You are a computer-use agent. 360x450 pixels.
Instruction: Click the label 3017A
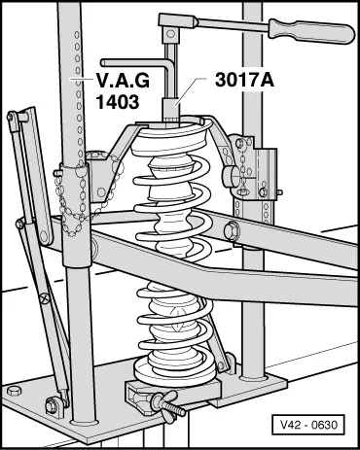244,80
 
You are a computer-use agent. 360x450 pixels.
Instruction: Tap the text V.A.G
123,80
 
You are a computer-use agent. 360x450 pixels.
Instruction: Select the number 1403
118,101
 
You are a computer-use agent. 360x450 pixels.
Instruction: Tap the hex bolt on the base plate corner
14,390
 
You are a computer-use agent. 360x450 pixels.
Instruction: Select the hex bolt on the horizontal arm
233,228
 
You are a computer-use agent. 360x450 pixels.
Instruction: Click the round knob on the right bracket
231,177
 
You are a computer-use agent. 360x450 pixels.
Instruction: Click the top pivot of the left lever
12,117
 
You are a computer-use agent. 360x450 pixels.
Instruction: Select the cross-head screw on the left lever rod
45,297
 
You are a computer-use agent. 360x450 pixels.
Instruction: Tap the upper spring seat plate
168,138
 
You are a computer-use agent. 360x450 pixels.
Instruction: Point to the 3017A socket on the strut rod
170,110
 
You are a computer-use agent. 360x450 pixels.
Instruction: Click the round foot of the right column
254,377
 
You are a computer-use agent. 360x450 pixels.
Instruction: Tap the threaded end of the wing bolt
178,409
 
